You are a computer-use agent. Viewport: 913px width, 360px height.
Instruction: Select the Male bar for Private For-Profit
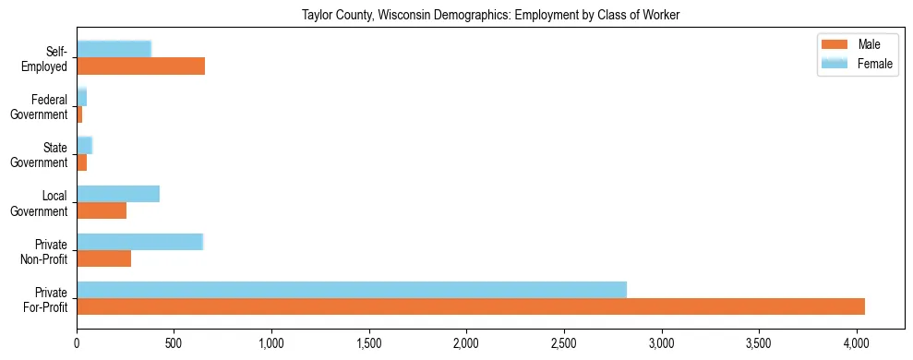[x=471, y=306]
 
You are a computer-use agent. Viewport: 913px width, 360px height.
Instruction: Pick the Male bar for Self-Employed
[x=140, y=66]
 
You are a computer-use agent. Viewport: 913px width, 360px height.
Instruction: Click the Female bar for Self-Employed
[x=114, y=50]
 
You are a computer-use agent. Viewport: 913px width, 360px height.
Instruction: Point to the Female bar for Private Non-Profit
[x=139, y=242]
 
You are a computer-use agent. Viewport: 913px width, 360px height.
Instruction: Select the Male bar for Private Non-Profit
[x=103, y=258]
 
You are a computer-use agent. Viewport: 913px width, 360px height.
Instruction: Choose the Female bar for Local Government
[x=118, y=194]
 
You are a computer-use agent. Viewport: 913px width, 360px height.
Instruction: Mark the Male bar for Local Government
[x=102, y=210]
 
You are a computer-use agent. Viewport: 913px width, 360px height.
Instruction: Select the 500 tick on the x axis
[x=174, y=342]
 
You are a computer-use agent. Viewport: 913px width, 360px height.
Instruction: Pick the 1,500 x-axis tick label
[x=369, y=342]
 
